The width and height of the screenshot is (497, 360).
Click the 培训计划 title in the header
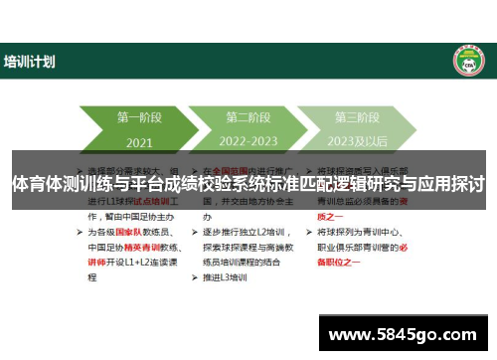tap(30, 62)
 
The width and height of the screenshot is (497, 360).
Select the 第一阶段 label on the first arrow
tap(139, 117)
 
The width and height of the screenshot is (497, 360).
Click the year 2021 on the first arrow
tap(139, 140)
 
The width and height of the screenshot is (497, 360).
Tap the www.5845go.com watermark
tap(405, 333)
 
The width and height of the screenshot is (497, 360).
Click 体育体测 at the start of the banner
tap(40, 184)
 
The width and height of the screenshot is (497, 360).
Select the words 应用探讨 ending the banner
tap(452, 184)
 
